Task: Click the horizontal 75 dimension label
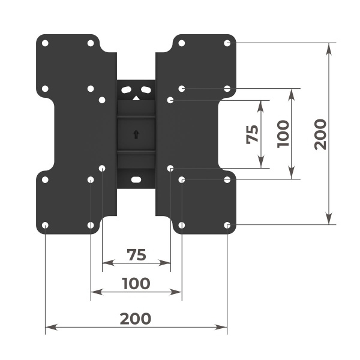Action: click(x=137, y=254)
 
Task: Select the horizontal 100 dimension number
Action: click(x=136, y=283)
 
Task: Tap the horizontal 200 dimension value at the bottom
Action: click(x=136, y=318)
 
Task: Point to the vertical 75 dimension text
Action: click(x=252, y=134)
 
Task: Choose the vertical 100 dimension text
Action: click(x=284, y=134)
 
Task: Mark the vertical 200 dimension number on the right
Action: click(x=320, y=134)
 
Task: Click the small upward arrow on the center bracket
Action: click(x=136, y=134)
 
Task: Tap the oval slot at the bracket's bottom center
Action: click(x=136, y=179)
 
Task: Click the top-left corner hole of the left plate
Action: click(x=46, y=43)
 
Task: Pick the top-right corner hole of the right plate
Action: click(x=227, y=43)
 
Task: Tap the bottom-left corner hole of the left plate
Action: click(x=46, y=225)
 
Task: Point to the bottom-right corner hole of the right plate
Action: click(x=227, y=225)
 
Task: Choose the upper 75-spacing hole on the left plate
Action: click(x=102, y=100)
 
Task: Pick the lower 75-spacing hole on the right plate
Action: click(x=171, y=169)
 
